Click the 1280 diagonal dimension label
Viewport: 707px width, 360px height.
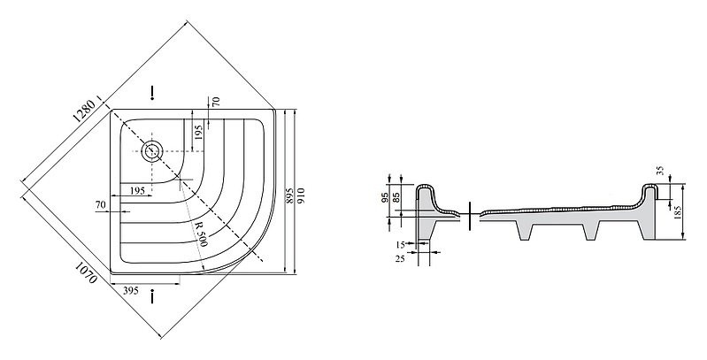coord(84,111)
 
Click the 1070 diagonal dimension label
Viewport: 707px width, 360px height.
coord(86,272)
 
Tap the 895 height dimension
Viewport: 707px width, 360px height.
coord(290,195)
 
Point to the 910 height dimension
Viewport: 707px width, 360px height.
coord(302,195)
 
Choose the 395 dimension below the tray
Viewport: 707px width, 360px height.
coord(131,291)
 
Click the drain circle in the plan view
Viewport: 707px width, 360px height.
coord(152,151)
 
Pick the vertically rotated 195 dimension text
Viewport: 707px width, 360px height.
coord(199,132)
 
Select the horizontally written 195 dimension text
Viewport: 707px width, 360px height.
coord(137,190)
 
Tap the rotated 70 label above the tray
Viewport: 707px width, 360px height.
coord(217,102)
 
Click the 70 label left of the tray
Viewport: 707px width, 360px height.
coord(101,205)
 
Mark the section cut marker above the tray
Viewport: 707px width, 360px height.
coord(152,92)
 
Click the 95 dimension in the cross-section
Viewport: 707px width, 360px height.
coord(385,197)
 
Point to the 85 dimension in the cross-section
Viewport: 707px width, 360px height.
coord(396,197)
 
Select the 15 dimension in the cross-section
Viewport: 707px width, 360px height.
coord(400,245)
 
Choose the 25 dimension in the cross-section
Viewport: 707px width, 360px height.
coord(400,258)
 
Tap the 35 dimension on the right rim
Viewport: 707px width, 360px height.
coord(661,171)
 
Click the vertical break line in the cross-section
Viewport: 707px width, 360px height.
coord(470,215)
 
